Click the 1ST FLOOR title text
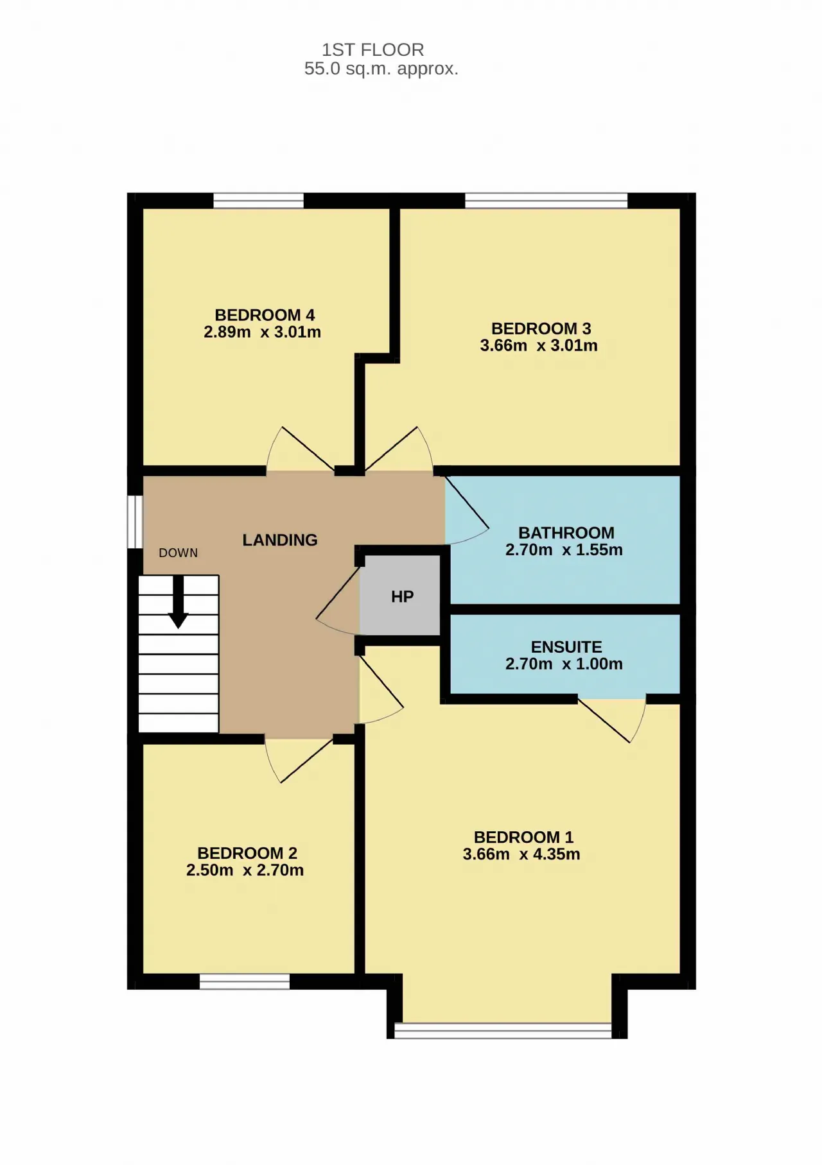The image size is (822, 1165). coord(372,49)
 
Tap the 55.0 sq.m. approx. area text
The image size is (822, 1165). coord(381,69)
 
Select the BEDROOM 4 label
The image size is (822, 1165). coord(265,315)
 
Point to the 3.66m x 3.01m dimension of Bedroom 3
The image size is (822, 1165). coord(539,345)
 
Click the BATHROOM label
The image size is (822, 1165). coord(566,533)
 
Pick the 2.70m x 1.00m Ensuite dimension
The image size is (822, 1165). coord(564,664)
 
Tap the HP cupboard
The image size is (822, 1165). coord(400,596)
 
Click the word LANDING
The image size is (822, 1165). coord(280,540)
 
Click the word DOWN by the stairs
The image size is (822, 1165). coord(179,553)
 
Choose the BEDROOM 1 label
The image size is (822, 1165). coord(523,837)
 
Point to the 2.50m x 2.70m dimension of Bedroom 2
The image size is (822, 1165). coord(245,870)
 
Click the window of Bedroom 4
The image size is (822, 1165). coord(258,200)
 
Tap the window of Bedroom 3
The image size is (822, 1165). coord(546,200)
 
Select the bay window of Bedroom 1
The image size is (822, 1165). coord(503,1030)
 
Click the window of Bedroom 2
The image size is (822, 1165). coord(245,981)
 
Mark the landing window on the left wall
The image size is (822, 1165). coord(134,521)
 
